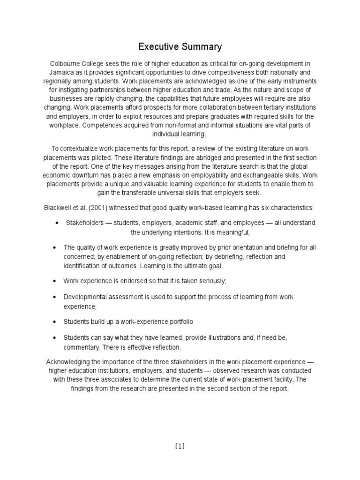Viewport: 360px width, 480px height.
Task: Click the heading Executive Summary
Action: click(x=180, y=47)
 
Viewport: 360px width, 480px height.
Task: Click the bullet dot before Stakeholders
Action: click(x=56, y=223)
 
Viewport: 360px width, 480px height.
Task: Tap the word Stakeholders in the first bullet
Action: click(x=84, y=223)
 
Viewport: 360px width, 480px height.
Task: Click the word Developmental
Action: click(x=86, y=297)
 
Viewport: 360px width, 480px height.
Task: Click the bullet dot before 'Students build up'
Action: click(x=56, y=322)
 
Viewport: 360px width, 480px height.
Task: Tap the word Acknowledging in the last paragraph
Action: click(x=68, y=362)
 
